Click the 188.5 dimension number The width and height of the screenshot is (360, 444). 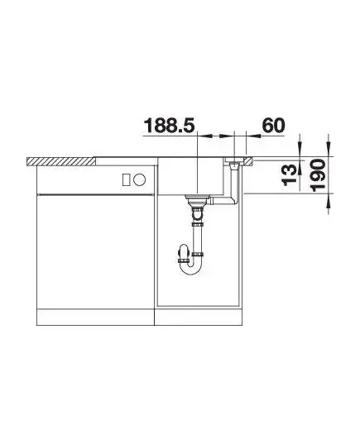point(170,126)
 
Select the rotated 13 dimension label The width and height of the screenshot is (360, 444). point(290,176)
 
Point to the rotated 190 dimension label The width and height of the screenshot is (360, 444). point(317,175)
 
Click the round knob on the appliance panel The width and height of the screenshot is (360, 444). point(140,179)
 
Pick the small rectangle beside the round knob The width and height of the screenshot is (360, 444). point(127,179)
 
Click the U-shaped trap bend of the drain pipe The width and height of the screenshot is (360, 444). point(190,266)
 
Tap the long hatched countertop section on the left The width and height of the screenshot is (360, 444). point(60,161)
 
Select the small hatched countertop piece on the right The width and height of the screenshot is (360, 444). point(247,162)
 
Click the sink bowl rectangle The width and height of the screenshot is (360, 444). point(191,176)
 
